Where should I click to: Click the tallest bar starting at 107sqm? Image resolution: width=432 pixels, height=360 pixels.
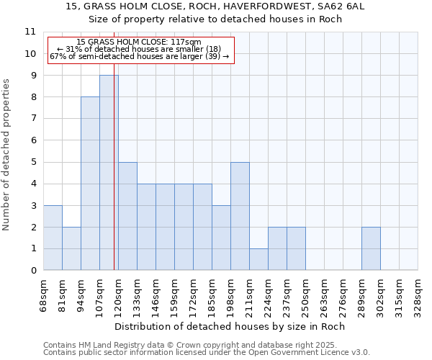(x=109, y=173)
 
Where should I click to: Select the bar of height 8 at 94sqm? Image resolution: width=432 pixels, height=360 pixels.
(x=90, y=184)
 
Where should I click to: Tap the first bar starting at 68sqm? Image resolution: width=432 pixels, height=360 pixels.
(x=53, y=238)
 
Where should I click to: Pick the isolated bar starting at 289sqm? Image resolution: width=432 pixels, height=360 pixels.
(x=371, y=248)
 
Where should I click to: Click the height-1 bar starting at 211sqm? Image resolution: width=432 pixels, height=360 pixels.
(x=258, y=259)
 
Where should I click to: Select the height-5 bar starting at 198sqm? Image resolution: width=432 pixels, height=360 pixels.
(x=240, y=216)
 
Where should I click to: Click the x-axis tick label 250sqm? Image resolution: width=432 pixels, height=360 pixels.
(x=305, y=294)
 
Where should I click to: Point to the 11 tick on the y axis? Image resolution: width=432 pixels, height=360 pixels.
(x=30, y=32)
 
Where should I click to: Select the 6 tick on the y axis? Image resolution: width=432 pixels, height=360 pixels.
(x=32, y=140)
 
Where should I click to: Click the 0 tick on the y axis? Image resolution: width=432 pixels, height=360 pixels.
(x=32, y=271)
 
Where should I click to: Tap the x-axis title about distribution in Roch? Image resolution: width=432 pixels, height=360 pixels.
(x=230, y=327)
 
